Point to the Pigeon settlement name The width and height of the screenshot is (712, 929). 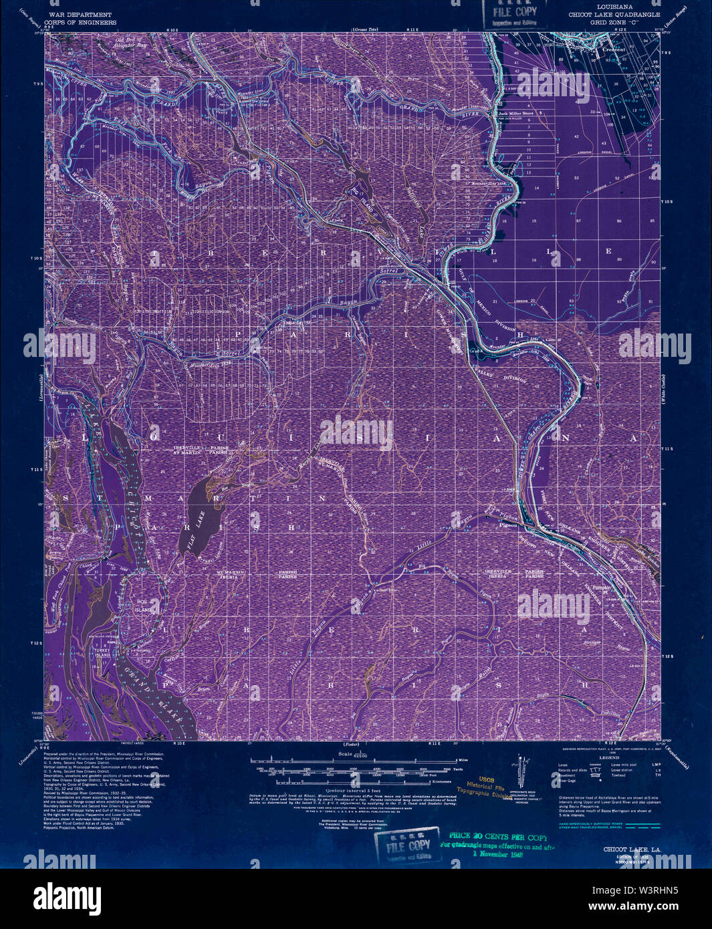509,525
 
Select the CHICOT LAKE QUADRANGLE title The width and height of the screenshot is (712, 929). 614,14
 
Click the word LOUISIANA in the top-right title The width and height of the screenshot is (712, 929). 614,7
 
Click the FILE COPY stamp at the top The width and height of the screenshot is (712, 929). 515,12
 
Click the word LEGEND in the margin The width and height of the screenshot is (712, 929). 608,757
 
